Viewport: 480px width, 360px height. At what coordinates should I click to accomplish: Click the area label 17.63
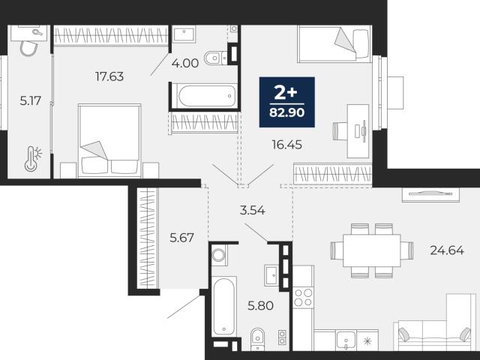[109, 76]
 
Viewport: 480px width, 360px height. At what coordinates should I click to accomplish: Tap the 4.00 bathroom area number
[185, 63]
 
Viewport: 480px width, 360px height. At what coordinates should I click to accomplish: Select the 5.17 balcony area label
[30, 100]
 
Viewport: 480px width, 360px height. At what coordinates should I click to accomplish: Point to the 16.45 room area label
[286, 145]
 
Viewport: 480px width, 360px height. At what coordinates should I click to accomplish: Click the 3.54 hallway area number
[252, 210]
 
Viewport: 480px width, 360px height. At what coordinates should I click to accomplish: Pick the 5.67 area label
[181, 238]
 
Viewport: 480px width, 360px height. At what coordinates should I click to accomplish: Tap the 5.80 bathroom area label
[260, 305]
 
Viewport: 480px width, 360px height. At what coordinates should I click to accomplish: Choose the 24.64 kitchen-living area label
[447, 250]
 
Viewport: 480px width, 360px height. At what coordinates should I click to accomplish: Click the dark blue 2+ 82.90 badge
[286, 102]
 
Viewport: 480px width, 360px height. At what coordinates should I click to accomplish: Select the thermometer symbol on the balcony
[32, 158]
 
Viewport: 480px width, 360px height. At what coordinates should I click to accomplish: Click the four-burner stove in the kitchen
[303, 298]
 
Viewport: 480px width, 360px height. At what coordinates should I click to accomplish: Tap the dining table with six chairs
[372, 250]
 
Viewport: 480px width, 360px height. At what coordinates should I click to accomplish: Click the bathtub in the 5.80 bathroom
[224, 305]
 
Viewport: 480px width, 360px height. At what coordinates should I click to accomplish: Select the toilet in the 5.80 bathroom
[257, 340]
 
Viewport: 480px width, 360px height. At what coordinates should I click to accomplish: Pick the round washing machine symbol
[218, 255]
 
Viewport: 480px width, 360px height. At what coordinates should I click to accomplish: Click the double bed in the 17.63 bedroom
[109, 141]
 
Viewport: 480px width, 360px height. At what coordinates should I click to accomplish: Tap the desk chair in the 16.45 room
[340, 131]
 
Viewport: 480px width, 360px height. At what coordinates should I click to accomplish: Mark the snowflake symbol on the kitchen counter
[367, 340]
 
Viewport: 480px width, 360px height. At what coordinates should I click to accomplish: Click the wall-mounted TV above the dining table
[430, 193]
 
